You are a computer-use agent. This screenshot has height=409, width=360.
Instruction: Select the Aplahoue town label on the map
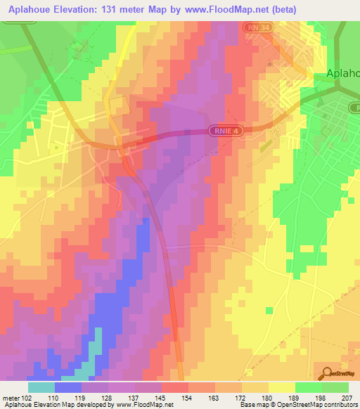click(x=342, y=72)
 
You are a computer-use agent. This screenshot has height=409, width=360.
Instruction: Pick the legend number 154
click(x=188, y=397)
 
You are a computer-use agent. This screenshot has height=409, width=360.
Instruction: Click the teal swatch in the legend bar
click(x=41, y=387)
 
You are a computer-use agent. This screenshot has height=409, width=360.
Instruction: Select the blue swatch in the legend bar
click(x=68, y=387)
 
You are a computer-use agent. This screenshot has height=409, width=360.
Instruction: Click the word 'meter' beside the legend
click(x=10, y=397)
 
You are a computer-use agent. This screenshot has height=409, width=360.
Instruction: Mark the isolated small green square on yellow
click(x=268, y=310)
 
